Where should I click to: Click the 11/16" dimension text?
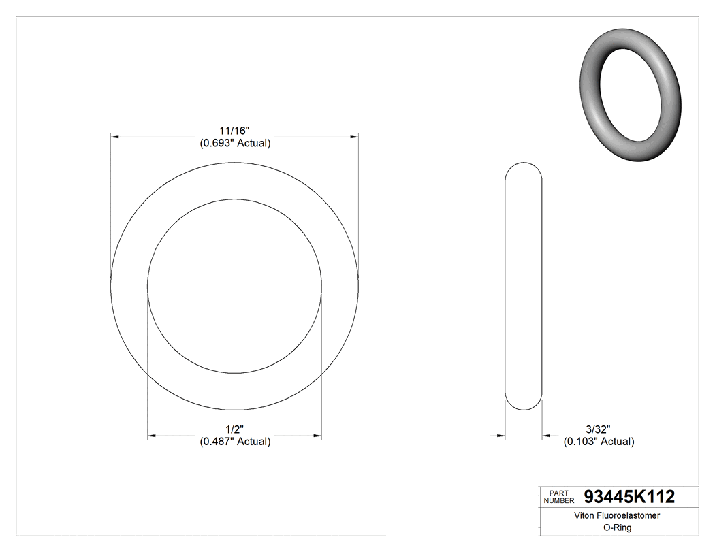point(235,130)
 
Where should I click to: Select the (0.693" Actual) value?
point(235,143)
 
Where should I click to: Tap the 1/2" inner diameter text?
point(235,429)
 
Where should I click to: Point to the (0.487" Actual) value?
point(235,442)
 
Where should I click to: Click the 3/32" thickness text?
point(598,429)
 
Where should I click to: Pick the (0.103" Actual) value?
point(599,442)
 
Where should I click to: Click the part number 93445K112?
point(630,497)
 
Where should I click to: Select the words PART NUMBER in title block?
point(558,497)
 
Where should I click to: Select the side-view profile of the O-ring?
point(523,286)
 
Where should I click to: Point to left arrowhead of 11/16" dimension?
point(115,137)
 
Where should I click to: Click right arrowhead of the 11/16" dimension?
point(355,137)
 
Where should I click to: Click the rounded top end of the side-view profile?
point(523,167)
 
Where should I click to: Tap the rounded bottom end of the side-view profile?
point(523,406)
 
